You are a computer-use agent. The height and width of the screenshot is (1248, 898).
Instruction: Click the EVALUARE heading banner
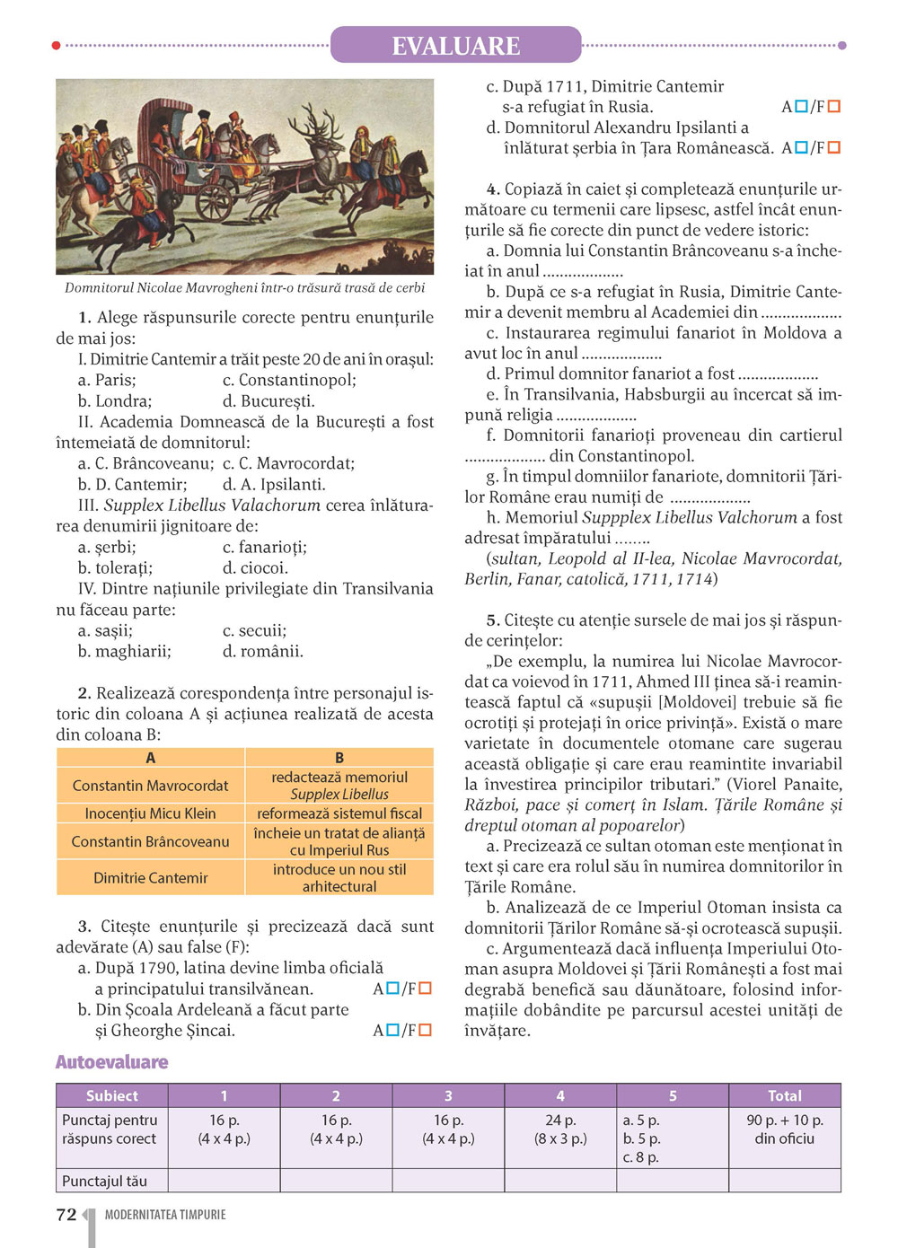pyautogui.click(x=455, y=45)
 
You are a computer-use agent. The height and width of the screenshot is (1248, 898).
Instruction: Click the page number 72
pyautogui.click(x=66, y=1215)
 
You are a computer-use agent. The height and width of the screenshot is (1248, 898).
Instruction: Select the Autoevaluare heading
pyautogui.click(x=111, y=1062)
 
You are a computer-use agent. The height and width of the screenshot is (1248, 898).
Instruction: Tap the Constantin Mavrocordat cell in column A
pyautogui.click(x=150, y=786)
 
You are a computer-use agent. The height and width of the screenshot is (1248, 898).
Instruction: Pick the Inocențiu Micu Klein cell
pyautogui.click(x=150, y=813)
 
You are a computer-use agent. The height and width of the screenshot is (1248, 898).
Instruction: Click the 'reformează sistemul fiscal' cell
pyautogui.click(x=339, y=813)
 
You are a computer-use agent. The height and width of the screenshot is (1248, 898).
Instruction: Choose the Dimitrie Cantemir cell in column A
pyautogui.click(x=150, y=877)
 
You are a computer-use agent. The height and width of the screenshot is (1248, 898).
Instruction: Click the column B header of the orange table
pyautogui.click(x=339, y=758)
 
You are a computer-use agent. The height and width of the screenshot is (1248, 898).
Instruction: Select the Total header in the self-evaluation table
pyautogui.click(x=784, y=1095)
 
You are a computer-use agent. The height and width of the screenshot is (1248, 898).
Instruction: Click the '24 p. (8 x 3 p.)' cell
pyautogui.click(x=559, y=1129)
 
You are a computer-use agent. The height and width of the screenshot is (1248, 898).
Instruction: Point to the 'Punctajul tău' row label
pyautogui.click(x=104, y=1181)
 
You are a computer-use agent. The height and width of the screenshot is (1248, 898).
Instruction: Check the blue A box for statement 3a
pyautogui.click(x=392, y=989)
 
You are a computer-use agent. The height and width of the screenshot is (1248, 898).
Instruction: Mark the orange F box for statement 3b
pyautogui.click(x=426, y=1030)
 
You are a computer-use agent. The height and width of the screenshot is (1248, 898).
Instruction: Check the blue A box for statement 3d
pyautogui.click(x=801, y=147)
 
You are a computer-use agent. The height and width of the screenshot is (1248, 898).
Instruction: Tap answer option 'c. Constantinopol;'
pyautogui.click(x=289, y=380)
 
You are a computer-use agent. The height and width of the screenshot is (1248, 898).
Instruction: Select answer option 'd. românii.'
pyautogui.click(x=262, y=651)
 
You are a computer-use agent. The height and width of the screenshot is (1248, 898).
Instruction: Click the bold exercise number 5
pyautogui.click(x=492, y=620)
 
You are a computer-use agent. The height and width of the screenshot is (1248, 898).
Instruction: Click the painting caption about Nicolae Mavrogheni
pyautogui.click(x=244, y=287)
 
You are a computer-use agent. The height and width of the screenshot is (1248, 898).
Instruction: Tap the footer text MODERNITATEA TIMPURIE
pyautogui.click(x=165, y=1215)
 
